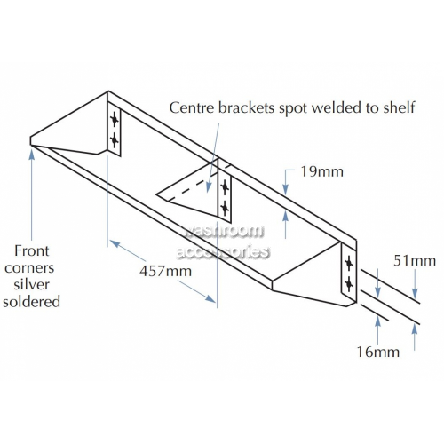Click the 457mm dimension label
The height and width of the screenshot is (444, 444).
166,271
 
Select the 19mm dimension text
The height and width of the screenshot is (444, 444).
322,171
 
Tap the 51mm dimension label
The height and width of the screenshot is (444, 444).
415,261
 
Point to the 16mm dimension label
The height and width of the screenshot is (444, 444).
378,352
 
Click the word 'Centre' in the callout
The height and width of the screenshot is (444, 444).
192,107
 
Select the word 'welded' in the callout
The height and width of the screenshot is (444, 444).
336,107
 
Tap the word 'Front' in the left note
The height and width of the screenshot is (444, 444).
32,250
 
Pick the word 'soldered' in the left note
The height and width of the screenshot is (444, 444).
31,302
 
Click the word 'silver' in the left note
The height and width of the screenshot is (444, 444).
32,284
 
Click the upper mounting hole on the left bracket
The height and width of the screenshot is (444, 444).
115,120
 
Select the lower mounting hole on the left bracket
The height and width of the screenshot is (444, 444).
115,139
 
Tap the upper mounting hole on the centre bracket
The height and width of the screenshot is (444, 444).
225,187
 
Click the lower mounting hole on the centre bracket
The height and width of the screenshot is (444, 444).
225,208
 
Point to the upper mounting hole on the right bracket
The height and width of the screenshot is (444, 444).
349,264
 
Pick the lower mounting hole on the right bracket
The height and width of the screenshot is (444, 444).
349,284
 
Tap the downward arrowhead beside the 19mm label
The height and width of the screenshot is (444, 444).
285,189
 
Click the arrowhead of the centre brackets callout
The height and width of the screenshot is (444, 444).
209,187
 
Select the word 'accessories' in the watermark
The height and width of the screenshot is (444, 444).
223,252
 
